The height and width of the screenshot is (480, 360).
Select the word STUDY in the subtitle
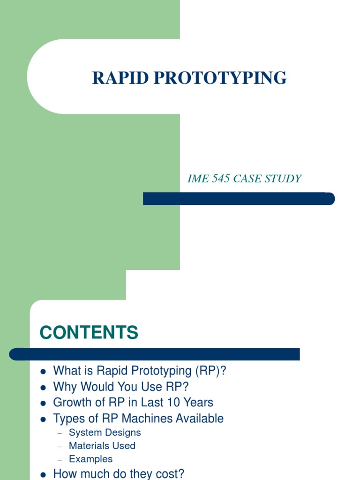[283, 179]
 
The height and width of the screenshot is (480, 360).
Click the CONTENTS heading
[89, 332]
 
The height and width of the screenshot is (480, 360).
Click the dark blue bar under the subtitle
[239, 199]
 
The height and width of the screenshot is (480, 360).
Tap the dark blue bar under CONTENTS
[155, 354]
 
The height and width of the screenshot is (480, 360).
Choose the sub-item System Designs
[105, 433]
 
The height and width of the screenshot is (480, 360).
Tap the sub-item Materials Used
[102, 446]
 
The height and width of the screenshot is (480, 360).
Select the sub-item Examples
[90, 459]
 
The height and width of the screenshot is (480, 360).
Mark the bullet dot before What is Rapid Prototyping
[43, 371]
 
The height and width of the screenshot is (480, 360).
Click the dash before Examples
[60, 459]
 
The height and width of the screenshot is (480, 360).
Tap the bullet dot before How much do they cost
[43, 474]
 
